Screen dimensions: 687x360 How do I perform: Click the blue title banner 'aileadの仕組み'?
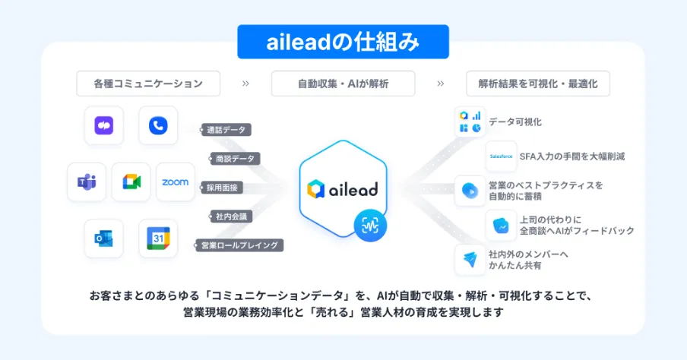tap(343, 43)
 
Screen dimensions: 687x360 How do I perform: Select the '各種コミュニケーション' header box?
tap(148, 84)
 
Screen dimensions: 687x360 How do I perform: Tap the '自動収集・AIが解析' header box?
tap(343, 84)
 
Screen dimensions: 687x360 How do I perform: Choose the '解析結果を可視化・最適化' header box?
tap(538, 84)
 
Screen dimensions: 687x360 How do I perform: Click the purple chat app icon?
tap(104, 125)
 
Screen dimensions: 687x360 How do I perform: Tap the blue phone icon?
tap(158, 125)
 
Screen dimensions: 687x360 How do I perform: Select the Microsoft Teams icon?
tap(87, 182)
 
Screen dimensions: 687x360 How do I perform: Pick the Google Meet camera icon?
tap(131, 182)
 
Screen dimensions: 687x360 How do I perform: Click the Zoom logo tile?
tap(176, 182)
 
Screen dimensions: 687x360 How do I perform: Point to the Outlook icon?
tap(104, 238)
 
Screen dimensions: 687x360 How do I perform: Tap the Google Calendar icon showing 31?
tap(158, 238)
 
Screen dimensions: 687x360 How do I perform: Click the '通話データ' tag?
tap(226, 130)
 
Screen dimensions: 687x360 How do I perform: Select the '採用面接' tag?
tap(222, 188)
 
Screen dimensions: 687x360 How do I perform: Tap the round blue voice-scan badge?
tap(370, 226)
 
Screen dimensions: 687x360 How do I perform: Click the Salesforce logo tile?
tap(502, 156)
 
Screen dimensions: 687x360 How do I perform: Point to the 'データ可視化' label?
tap(515, 122)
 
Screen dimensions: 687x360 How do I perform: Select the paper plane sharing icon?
tap(470, 259)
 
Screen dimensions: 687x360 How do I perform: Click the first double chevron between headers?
tap(245, 84)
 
